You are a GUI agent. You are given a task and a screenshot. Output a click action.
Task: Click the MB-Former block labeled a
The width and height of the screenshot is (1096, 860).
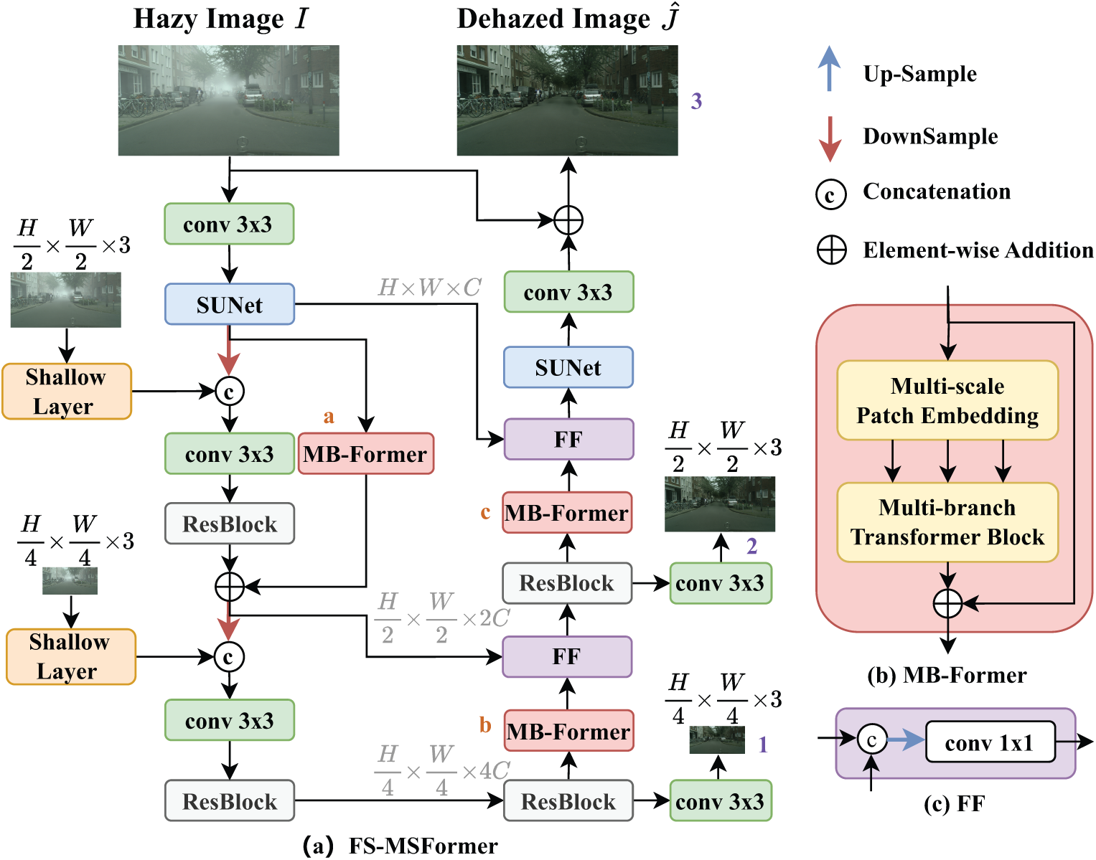365,453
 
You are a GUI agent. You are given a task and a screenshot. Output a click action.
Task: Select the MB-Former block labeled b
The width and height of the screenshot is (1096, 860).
568,730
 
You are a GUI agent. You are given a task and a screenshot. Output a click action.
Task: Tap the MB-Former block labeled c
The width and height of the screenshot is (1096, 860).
567,512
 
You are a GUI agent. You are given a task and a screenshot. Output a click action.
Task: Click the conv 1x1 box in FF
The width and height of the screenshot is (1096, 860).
990,742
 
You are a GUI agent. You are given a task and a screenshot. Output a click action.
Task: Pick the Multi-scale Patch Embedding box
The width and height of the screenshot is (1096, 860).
947,400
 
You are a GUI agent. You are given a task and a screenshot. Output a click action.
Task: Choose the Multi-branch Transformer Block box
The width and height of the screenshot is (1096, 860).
947,522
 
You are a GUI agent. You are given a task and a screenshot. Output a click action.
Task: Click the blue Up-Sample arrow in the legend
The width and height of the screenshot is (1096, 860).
829,68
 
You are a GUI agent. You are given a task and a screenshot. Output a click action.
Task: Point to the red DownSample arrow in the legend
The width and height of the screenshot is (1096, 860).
829,138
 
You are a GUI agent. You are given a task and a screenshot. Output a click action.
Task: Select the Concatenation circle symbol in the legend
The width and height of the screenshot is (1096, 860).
830,194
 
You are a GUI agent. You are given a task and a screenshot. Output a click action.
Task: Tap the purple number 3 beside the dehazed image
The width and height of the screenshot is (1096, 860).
696,100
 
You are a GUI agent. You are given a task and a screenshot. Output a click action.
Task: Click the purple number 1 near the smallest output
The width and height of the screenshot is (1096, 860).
763,744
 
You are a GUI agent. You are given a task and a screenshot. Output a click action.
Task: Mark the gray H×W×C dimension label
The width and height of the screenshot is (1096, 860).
429,287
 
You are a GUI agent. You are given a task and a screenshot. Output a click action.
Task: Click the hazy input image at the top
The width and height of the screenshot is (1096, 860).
228,100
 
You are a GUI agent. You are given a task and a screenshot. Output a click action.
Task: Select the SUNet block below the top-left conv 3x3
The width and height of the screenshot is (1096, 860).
230,304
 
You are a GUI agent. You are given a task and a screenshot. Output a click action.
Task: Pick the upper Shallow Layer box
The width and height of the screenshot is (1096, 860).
67,391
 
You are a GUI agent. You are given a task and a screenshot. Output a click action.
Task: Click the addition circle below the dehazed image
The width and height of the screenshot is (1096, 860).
568,220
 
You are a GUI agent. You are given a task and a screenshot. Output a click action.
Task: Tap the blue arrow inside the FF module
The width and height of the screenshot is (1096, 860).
906,739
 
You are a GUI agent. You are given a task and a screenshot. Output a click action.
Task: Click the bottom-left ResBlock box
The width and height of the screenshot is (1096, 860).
230,800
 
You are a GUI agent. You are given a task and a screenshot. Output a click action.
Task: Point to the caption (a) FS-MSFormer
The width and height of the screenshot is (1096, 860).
400,846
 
